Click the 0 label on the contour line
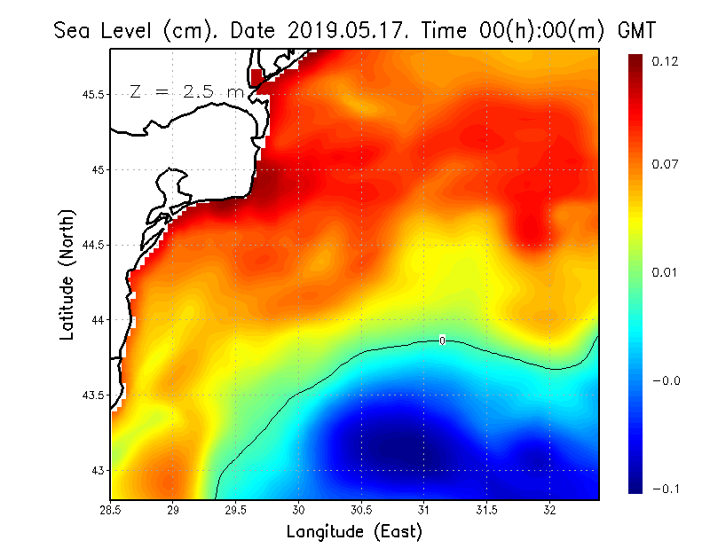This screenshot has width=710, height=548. [442, 340]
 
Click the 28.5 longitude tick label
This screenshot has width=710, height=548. [111, 510]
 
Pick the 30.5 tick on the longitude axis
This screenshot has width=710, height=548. [361, 510]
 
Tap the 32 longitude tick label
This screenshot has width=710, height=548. [549, 510]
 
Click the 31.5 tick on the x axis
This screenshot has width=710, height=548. [486, 510]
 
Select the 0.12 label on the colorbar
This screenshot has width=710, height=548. [665, 61]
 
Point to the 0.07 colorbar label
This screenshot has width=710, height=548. [665, 165]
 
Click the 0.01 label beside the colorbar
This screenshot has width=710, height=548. [665, 272]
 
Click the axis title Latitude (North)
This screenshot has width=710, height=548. [67, 274]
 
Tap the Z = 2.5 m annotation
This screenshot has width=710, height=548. [186, 91]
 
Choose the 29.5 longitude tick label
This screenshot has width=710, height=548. [236, 510]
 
